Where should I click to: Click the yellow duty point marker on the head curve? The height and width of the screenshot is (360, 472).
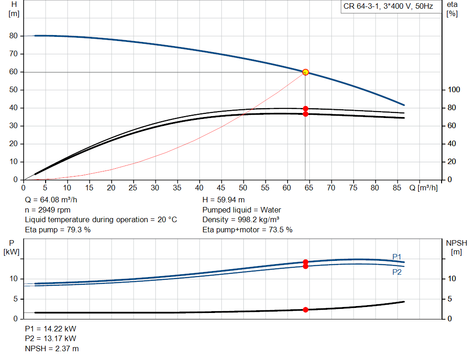[x=306, y=72]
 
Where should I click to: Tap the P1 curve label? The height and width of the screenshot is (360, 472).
[x=397, y=257]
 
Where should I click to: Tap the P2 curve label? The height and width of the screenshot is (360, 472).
[x=397, y=272]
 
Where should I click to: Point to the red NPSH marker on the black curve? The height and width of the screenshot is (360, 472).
[x=306, y=310]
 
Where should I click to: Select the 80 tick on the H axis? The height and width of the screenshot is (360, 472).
[x=13, y=36]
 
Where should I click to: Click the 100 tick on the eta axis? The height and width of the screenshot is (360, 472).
[x=454, y=90]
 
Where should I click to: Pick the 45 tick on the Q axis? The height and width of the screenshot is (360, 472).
[x=221, y=188]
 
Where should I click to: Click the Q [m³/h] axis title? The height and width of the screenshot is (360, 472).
[x=423, y=188]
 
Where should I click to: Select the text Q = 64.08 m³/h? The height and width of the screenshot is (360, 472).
[x=51, y=200]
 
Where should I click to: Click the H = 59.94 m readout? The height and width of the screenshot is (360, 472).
[x=224, y=200]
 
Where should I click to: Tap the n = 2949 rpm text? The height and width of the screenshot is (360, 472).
[x=47, y=210]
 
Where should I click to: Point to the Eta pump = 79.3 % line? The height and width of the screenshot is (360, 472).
[x=58, y=230]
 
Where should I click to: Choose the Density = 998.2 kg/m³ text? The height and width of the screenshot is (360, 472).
[x=241, y=220]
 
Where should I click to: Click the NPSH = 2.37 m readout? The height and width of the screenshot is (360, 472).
[x=52, y=348]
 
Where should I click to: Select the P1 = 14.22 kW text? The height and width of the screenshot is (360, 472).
[x=51, y=329]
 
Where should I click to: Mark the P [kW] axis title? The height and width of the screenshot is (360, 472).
[x=12, y=248]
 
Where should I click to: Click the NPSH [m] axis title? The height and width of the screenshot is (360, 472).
[x=456, y=248]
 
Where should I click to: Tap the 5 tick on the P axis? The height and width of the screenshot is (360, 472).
[x=16, y=299]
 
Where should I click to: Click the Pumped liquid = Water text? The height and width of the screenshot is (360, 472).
[x=242, y=210]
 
